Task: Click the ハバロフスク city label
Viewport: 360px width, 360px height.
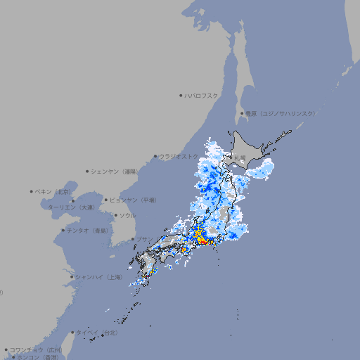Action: [202, 95]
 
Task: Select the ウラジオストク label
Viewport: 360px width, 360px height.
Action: [179, 157]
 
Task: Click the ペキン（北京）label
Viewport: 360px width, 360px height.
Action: [55, 191]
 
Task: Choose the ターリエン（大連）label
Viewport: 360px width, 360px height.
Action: [70, 207]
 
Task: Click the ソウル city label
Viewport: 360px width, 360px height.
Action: [127, 215]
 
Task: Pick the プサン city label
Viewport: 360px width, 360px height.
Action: [145, 240]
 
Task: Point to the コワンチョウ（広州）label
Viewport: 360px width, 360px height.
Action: [36, 349]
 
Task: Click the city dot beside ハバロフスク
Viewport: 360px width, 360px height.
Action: [181, 95]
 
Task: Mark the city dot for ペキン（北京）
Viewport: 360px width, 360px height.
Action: [32, 191]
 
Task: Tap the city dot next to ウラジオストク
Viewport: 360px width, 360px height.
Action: [155, 157]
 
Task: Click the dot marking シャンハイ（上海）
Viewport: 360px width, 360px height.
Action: [72, 277]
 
